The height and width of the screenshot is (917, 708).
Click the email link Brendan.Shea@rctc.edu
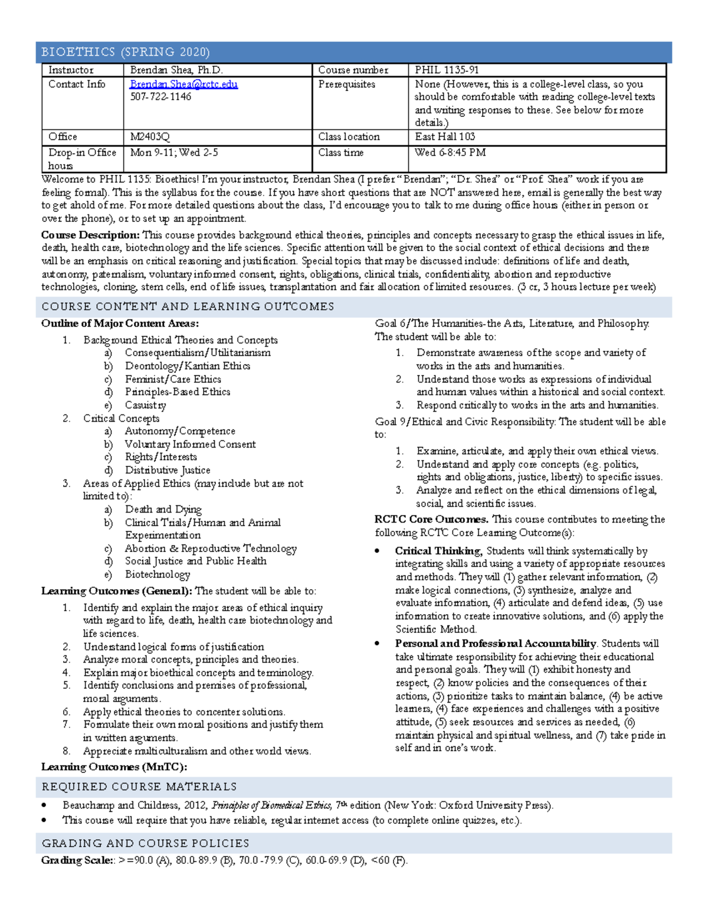click(183, 84)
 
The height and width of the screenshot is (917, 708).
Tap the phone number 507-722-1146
click(160, 97)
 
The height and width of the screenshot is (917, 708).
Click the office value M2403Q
click(150, 137)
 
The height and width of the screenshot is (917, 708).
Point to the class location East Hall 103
click(445, 137)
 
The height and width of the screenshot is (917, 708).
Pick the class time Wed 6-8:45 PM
click(450, 152)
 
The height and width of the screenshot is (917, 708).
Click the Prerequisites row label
click(346, 84)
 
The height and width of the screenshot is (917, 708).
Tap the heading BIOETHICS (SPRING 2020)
click(126, 52)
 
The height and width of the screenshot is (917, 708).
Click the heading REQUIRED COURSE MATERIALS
click(139, 787)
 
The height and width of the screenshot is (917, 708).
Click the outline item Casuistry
click(145, 405)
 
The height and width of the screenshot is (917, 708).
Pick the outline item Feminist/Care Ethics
click(173, 379)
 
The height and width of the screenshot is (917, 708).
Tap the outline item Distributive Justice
click(168, 470)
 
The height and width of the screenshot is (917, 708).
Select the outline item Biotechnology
click(158, 574)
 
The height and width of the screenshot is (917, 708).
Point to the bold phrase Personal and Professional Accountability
click(496, 644)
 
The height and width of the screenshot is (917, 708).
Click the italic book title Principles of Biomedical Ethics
click(271, 805)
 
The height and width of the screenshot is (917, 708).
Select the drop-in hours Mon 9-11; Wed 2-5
click(174, 152)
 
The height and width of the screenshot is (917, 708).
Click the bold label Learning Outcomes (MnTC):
click(114, 767)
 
